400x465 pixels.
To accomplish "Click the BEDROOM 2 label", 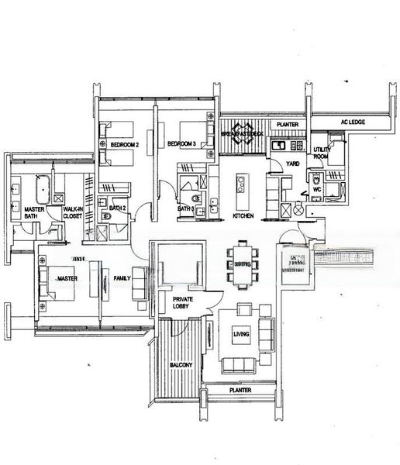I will [124, 145].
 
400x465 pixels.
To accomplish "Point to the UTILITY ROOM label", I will [322, 152].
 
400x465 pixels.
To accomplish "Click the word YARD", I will [293, 164].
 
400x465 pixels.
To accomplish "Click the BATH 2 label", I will [117, 208].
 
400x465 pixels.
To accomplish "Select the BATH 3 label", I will [184, 208].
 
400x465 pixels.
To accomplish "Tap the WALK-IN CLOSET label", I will [72, 214].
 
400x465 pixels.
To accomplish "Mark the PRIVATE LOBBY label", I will [183, 302].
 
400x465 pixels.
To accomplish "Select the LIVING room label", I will [241, 334].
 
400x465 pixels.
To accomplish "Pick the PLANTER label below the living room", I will [240, 391].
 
